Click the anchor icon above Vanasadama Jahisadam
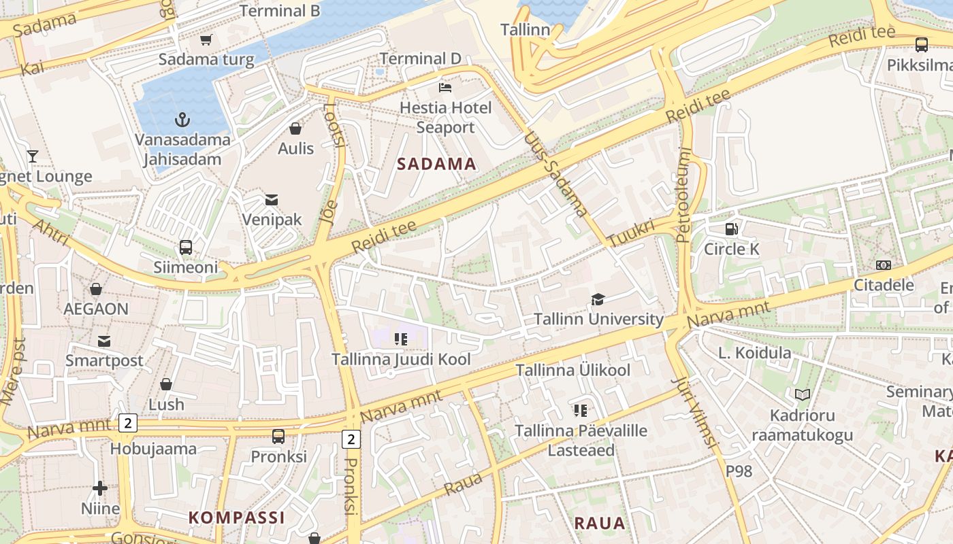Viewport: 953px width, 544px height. coord(182,120)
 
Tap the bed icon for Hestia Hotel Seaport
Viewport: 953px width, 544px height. coord(445,88)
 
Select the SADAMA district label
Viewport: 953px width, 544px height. coord(436,164)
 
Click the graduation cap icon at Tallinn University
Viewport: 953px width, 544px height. coord(598,299)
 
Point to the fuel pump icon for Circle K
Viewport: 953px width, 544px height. coord(731,229)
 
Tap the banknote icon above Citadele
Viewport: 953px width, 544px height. coord(884,265)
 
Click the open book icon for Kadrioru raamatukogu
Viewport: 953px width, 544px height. coord(803,394)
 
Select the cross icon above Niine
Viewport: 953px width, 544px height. coord(100,488)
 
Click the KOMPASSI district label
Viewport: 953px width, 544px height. coord(236,517)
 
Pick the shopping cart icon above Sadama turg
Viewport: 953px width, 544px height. coord(206,39)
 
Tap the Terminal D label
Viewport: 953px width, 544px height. coord(420,58)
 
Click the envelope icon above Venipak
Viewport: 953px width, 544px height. coord(272,199)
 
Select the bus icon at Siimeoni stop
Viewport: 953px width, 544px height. coord(186,247)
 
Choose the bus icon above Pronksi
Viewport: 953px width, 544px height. coord(278,436)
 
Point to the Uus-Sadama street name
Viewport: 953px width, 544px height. coord(555,174)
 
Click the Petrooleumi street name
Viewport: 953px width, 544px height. coord(685,195)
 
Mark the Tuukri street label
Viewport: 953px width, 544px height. coord(630,233)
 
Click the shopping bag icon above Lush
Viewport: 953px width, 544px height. coord(166,384)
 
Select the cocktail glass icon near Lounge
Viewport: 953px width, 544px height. coord(32,156)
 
